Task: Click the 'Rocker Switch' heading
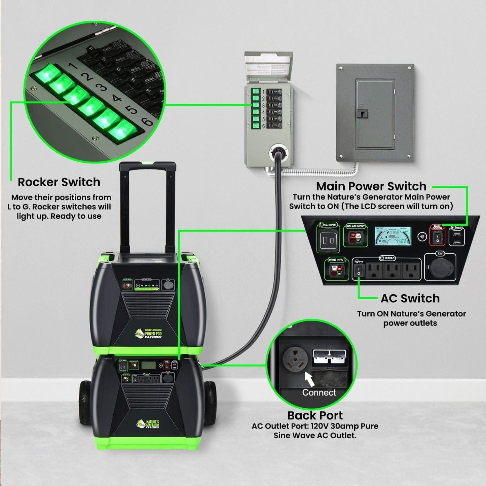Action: pyautogui.click(x=59, y=182)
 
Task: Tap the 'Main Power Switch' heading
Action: pyautogui.click(x=371, y=186)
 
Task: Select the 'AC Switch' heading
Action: pyautogui.click(x=410, y=298)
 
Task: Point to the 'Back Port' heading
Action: pyautogui.click(x=315, y=415)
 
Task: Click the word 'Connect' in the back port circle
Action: pyautogui.click(x=319, y=392)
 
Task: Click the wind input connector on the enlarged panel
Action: pyautogui.click(x=337, y=270)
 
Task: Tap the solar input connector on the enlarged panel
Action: pyautogui.click(x=355, y=237)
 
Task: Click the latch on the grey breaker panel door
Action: pyautogui.click(x=362, y=114)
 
